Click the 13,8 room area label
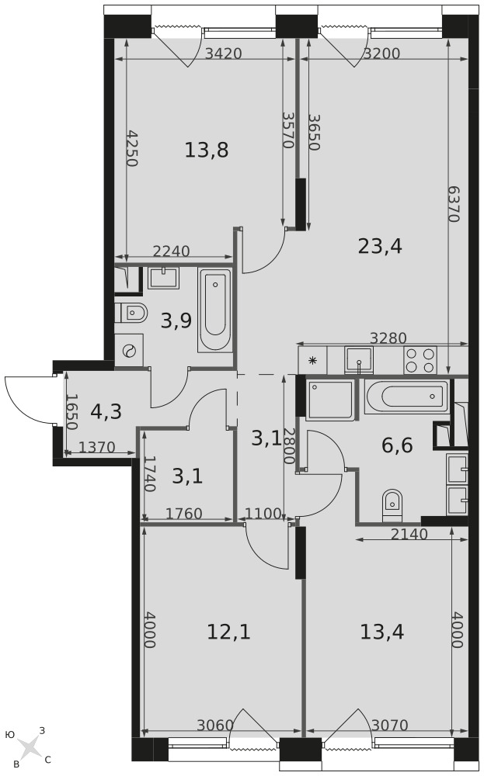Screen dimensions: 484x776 point(206,150)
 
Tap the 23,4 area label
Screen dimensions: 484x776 point(380,246)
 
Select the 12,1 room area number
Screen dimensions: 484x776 point(228,632)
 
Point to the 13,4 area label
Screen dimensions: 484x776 point(382,632)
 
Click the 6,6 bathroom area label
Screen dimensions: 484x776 point(397,445)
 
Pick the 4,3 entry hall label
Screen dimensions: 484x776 point(106,411)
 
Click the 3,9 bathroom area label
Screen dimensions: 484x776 point(176,322)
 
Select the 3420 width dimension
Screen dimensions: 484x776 point(224,53)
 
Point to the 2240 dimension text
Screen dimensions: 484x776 point(172,251)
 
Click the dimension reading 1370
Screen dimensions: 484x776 point(96,448)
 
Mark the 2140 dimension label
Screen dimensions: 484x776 point(409,534)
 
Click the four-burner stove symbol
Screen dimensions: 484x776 point(420,360)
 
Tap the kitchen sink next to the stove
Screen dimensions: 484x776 point(358,360)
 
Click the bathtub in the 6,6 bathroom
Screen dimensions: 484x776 point(407,397)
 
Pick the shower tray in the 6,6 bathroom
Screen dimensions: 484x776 point(330,400)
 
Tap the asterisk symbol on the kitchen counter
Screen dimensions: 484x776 point(312,360)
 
